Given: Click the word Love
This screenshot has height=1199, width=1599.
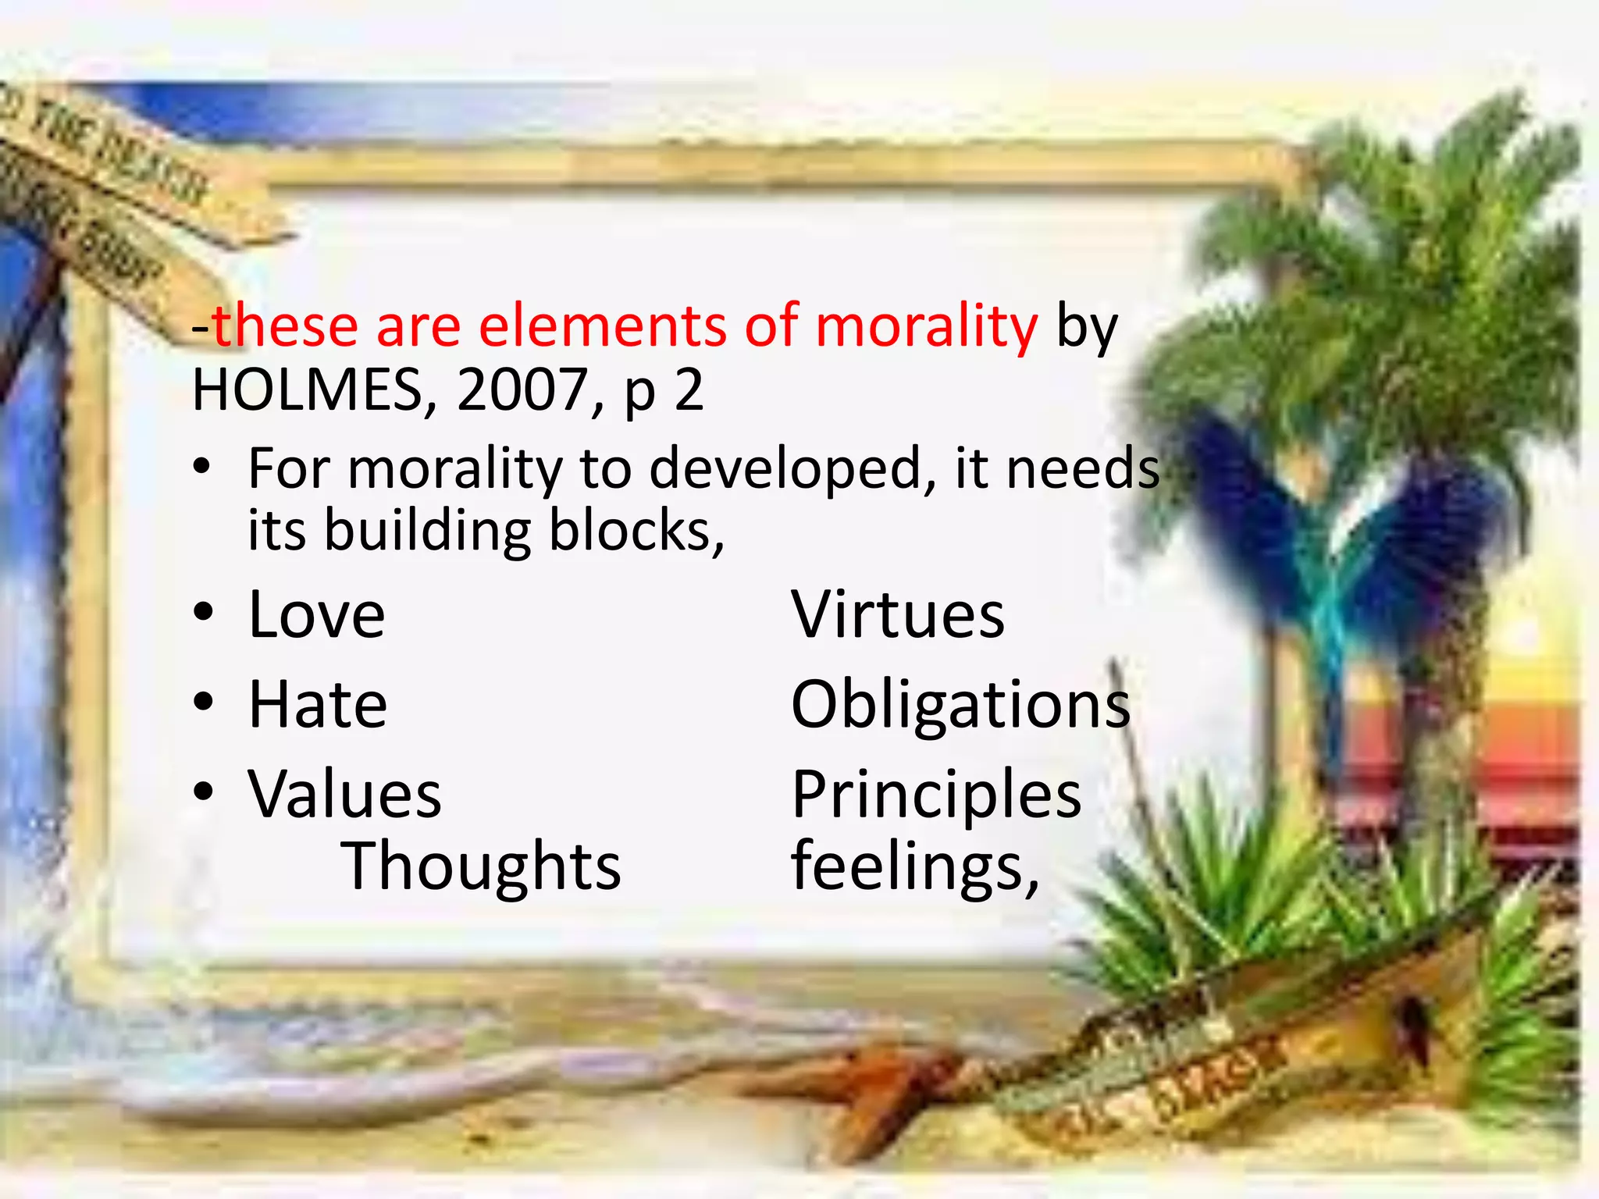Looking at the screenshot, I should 316,615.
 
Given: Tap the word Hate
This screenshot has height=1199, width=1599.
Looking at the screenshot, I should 317,705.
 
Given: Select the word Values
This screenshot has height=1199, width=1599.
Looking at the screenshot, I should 344,795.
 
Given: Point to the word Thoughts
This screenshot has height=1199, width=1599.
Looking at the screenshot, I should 481,866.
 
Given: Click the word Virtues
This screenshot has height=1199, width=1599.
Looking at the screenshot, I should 898,615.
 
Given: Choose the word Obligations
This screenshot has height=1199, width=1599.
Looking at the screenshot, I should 960,705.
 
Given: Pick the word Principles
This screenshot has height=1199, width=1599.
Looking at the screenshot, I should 936,795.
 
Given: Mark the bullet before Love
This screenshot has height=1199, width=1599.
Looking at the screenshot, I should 203,614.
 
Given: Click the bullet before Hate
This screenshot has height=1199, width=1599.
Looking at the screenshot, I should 203,703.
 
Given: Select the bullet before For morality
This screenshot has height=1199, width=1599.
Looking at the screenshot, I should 203,468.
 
